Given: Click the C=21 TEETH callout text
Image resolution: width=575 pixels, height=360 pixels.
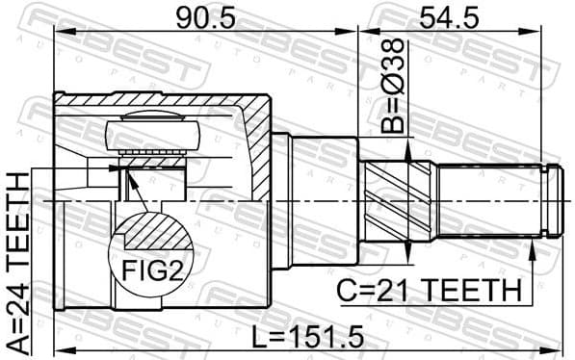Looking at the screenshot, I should (x=428, y=289).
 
